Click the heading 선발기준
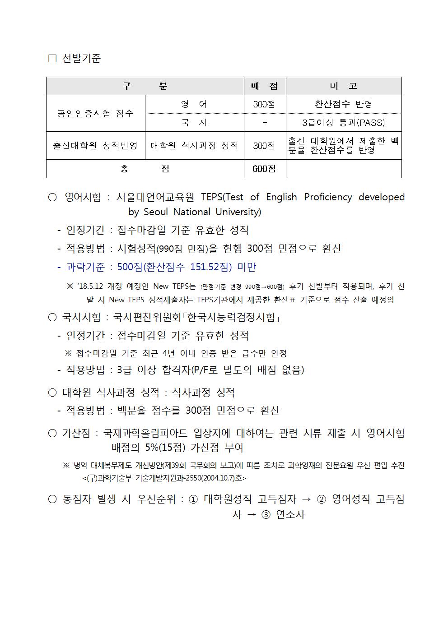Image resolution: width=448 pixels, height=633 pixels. [x=81, y=58]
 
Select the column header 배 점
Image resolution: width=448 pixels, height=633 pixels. [x=265, y=86]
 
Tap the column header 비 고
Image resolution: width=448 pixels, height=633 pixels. [x=343, y=86]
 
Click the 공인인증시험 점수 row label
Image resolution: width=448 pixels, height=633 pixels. [x=95, y=113]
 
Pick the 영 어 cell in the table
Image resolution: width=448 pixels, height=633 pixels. [x=194, y=104]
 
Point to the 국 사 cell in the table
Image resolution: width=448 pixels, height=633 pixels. [x=194, y=123]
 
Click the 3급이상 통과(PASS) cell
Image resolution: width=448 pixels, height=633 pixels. [x=343, y=123]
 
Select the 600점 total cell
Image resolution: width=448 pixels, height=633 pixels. [x=265, y=169]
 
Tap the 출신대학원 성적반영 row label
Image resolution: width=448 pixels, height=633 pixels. [x=95, y=145]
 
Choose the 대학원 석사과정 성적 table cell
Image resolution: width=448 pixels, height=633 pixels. [x=194, y=145]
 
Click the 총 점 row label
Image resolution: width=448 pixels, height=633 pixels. [x=145, y=169]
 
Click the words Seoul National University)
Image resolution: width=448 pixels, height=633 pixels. [x=201, y=212]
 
